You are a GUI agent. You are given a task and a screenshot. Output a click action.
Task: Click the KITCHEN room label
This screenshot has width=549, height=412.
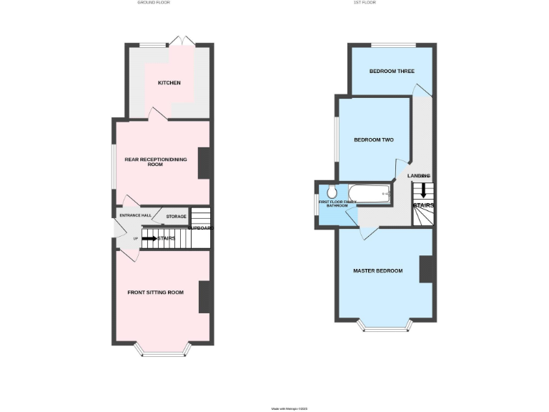[x=169, y=83]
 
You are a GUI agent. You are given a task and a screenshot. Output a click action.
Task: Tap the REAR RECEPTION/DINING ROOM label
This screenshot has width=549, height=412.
[x=155, y=162]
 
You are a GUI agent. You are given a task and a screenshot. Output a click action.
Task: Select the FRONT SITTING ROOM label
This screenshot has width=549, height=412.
[x=155, y=293]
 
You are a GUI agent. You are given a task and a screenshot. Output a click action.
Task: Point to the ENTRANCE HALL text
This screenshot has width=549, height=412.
[x=135, y=215]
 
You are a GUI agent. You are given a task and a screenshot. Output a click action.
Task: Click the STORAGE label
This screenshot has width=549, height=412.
[x=176, y=216]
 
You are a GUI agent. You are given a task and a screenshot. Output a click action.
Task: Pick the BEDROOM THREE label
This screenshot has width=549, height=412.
[x=392, y=72]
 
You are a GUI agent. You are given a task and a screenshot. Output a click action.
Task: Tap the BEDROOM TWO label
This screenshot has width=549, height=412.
[x=374, y=140]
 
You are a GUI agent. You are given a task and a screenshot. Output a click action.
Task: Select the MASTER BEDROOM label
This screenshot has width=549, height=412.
[x=377, y=271]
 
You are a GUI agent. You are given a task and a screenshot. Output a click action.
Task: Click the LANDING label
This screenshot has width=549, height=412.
[x=419, y=175]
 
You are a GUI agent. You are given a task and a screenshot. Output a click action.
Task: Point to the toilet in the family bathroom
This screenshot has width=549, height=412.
[x=332, y=192]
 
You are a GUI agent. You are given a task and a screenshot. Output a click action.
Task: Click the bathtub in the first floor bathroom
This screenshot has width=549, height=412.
[x=369, y=193]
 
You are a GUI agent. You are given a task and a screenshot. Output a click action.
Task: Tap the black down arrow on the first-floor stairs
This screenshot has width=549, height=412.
[x=422, y=191]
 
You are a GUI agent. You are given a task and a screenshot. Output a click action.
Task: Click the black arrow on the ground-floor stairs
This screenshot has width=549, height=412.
[x=150, y=238]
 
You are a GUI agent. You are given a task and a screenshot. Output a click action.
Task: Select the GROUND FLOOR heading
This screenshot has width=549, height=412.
[x=154, y=3]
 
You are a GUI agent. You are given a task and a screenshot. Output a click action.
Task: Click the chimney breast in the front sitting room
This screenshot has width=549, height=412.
[x=204, y=297]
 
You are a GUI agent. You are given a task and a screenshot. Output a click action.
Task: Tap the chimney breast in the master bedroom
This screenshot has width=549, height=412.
[x=427, y=269]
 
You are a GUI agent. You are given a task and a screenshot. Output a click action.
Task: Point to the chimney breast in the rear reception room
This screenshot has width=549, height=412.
[x=204, y=163]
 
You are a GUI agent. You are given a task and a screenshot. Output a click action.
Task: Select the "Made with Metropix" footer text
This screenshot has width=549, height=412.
[x=289, y=408]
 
